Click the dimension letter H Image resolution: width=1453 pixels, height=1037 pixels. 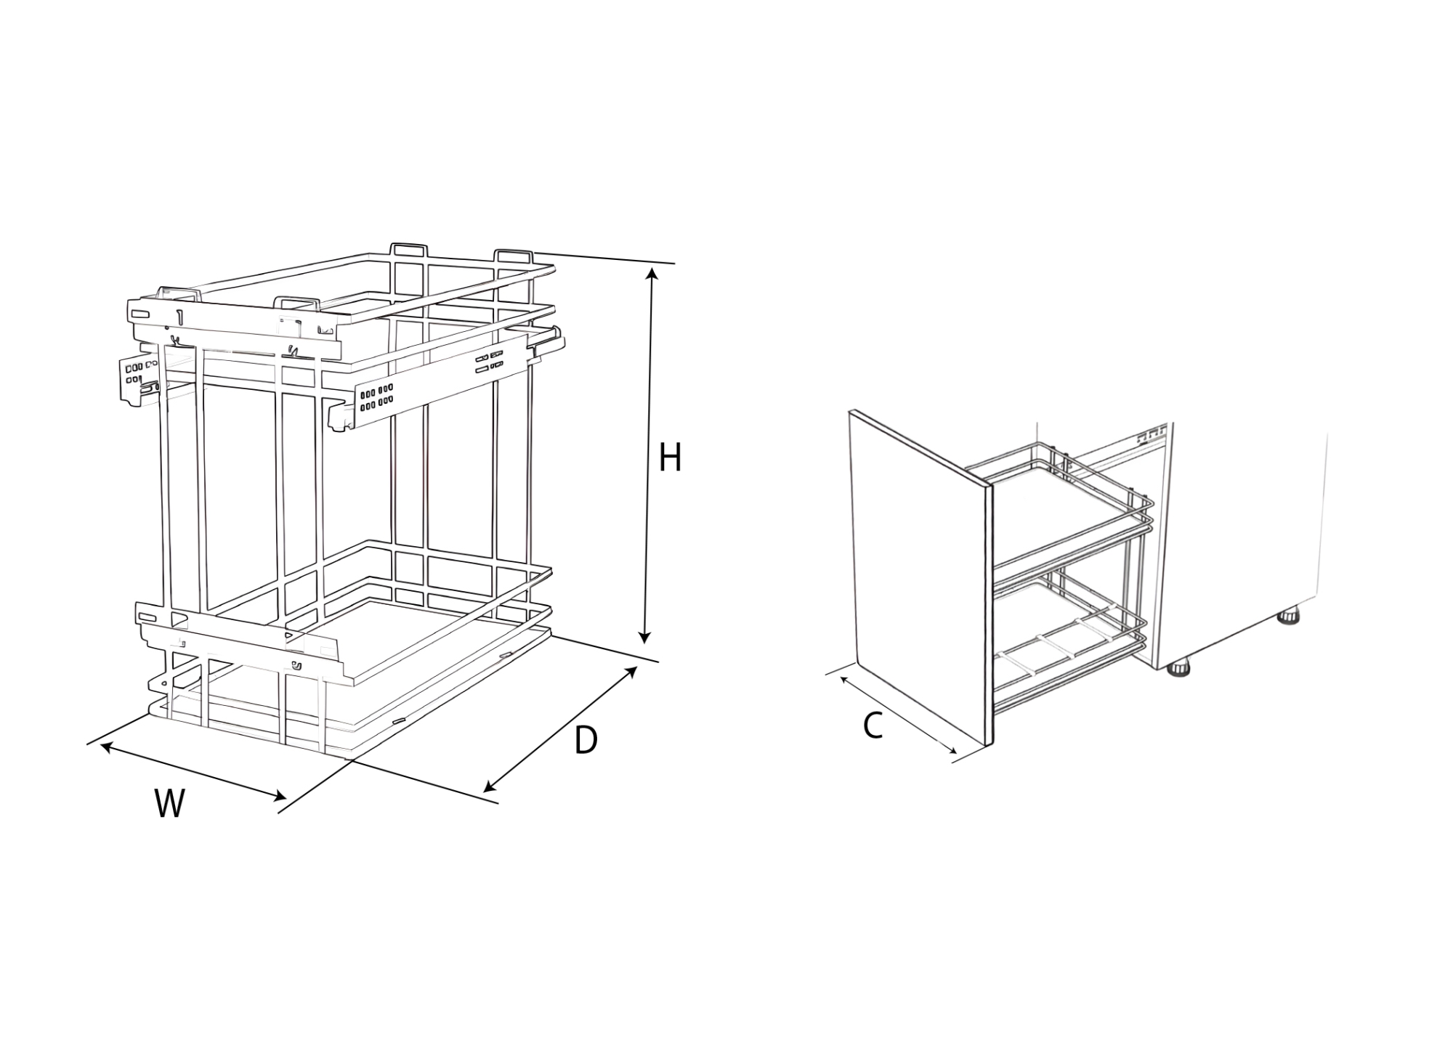(669, 457)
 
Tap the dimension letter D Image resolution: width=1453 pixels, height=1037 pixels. (586, 740)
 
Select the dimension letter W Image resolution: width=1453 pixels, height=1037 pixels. (170, 804)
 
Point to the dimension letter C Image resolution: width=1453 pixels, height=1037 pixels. (873, 726)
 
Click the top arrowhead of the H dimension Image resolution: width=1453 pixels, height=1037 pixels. (652, 274)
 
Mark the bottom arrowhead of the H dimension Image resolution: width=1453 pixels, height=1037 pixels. (644, 637)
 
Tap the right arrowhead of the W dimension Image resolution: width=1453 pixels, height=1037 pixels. (279, 797)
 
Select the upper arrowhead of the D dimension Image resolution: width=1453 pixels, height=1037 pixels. (632, 672)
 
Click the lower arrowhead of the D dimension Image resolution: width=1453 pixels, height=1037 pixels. (489, 786)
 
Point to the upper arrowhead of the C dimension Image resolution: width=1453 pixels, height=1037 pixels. (845, 680)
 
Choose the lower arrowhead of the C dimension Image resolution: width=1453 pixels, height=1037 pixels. (952, 752)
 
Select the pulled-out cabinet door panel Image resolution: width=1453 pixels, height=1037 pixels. (920, 577)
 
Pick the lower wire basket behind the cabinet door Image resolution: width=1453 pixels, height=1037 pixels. (1068, 639)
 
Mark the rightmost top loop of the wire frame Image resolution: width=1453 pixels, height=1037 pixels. (514, 256)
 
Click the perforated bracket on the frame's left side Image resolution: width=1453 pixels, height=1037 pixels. (137, 380)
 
